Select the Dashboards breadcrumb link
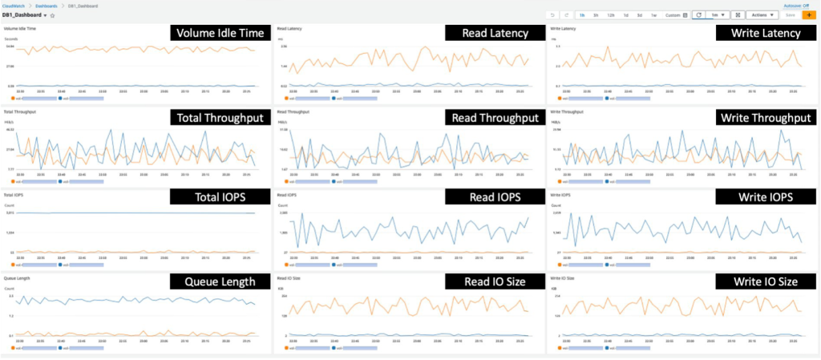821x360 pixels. pos(45,6)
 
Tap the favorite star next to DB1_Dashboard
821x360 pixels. pos(53,15)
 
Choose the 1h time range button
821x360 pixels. pos(582,14)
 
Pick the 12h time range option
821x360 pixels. pos(610,14)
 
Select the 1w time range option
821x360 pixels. pos(653,14)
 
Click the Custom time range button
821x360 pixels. pos(676,14)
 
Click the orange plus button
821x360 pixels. pos(809,14)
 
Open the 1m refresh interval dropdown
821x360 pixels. pos(718,14)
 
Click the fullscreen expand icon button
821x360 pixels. pos(738,14)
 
